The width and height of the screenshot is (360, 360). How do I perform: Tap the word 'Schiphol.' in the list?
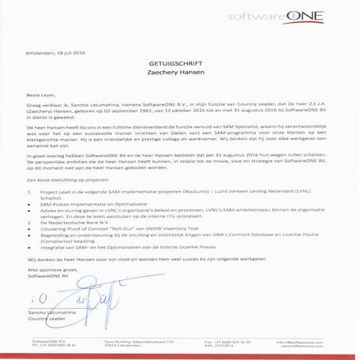51,197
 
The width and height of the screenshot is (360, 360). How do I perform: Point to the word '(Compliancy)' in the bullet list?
57,243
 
